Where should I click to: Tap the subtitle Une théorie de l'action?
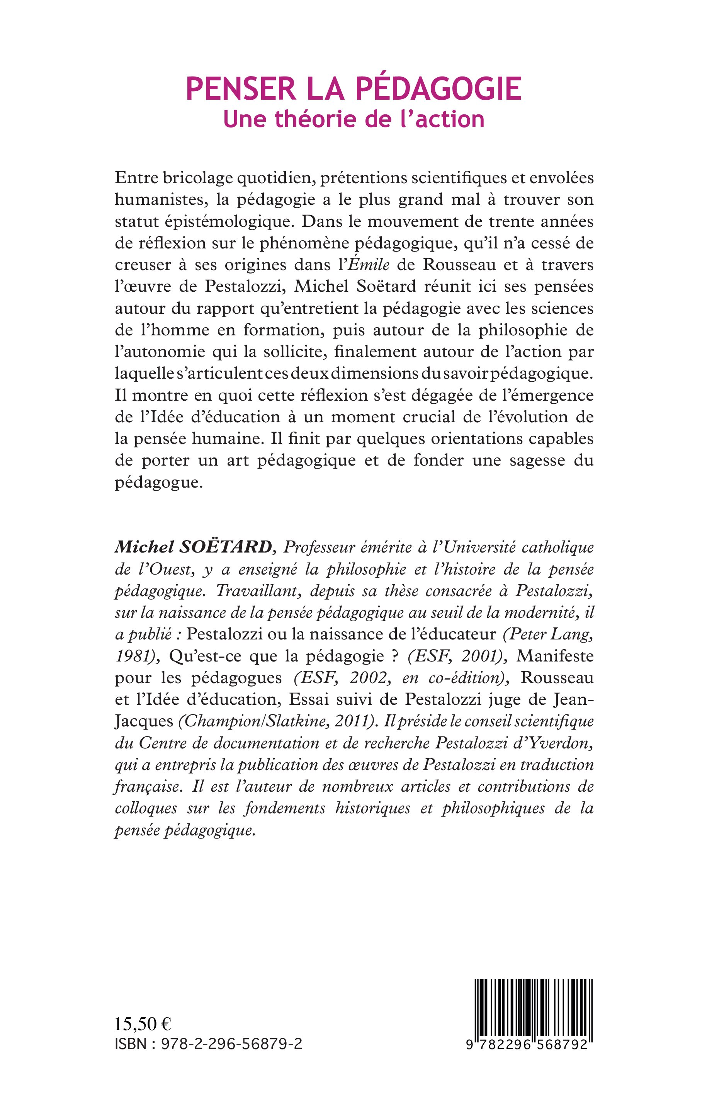pyautogui.click(x=353, y=119)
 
